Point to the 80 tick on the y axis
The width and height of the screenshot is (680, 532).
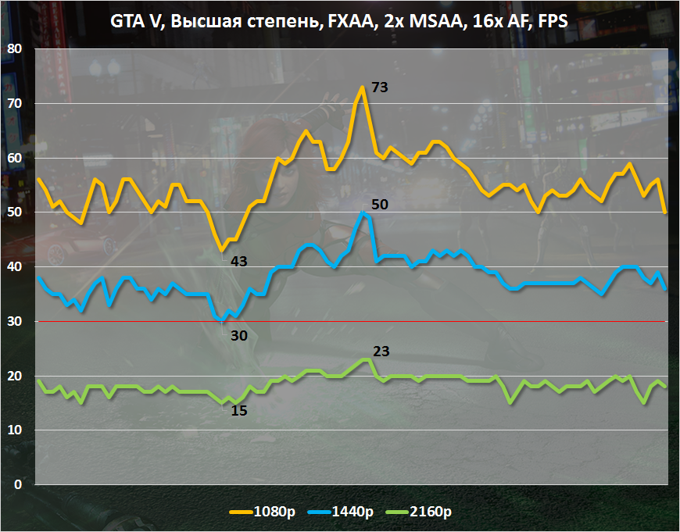pyautogui.click(x=15, y=48)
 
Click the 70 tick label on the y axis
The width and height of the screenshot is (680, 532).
pyautogui.click(x=15, y=103)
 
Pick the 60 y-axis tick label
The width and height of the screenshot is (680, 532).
pyautogui.click(x=15, y=158)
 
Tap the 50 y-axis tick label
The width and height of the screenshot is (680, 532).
pyautogui.click(x=15, y=212)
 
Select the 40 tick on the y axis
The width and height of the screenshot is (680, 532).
pyautogui.click(x=15, y=266)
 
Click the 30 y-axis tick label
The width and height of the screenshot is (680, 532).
pyautogui.click(x=15, y=321)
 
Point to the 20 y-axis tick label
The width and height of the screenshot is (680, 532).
pyautogui.click(x=15, y=376)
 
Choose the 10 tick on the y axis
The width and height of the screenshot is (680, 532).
pyautogui.click(x=15, y=430)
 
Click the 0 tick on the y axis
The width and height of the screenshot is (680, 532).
pyautogui.click(x=19, y=484)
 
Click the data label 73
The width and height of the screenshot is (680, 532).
pyautogui.click(x=380, y=87)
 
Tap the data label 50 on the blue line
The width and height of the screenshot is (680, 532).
pyautogui.click(x=380, y=205)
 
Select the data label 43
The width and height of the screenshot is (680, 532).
pyautogui.click(x=239, y=261)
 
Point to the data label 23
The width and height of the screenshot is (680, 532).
pyautogui.click(x=381, y=352)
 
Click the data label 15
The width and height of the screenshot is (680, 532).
pyautogui.click(x=239, y=409)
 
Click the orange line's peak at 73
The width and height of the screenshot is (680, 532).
pyautogui.click(x=363, y=87)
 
